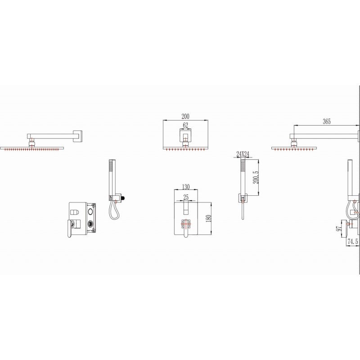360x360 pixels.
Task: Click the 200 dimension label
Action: click(x=185, y=117)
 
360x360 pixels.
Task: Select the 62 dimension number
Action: click(x=185, y=126)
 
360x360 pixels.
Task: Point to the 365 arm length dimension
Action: click(x=327, y=121)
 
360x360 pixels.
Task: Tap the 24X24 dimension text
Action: click(x=243, y=154)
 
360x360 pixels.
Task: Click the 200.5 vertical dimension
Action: click(x=256, y=177)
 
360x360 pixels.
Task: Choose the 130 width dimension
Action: click(x=186, y=187)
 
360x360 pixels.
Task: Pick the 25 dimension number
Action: click(x=186, y=197)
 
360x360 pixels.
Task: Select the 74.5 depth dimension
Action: click(x=353, y=241)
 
